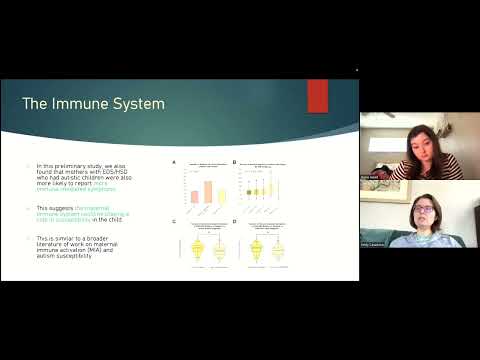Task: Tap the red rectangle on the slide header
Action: click(x=318, y=97)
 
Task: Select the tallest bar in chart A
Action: click(x=207, y=192)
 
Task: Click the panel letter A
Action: click(x=175, y=162)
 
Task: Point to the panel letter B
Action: click(x=233, y=162)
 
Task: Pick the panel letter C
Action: click(x=175, y=221)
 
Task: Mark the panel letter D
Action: click(x=233, y=221)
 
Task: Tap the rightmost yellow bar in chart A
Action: click(x=221, y=196)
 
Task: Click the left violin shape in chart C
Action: click(x=196, y=251)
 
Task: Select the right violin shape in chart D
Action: click(x=278, y=250)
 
